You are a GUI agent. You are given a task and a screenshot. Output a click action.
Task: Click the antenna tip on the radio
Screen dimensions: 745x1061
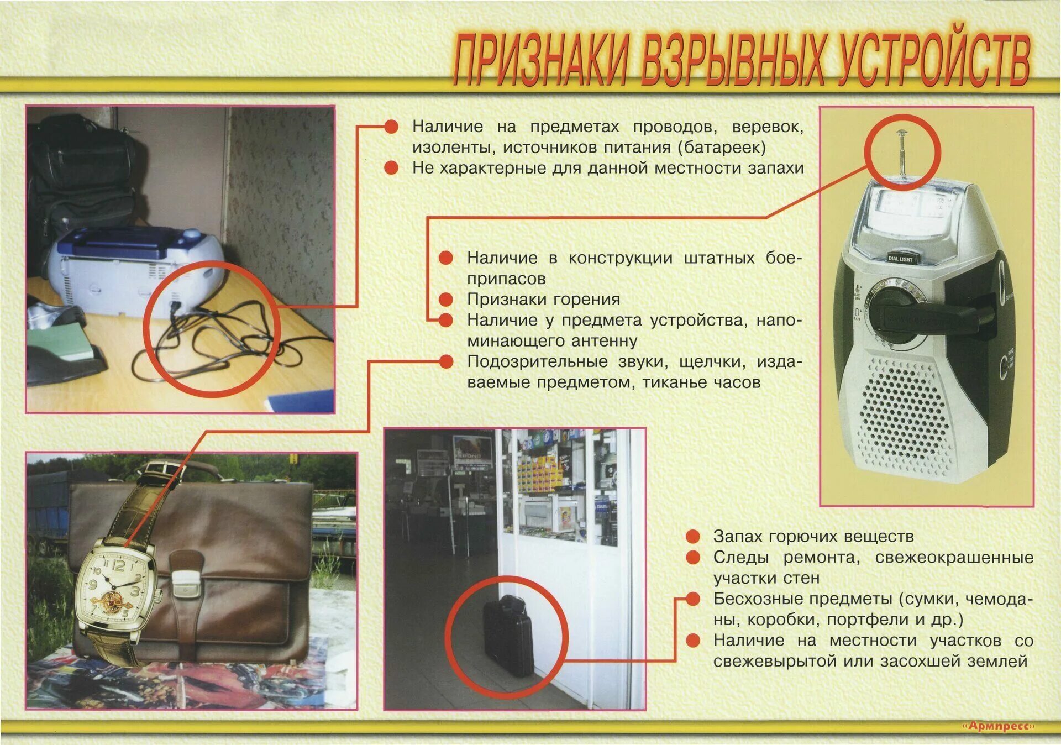(x=901, y=133)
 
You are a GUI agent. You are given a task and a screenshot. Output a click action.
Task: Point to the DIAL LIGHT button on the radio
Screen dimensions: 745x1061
(x=900, y=259)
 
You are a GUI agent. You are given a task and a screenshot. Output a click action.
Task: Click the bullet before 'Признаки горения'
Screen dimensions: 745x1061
(x=446, y=300)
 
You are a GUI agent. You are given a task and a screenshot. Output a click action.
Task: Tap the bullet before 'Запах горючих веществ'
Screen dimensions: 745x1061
(x=693, y=537)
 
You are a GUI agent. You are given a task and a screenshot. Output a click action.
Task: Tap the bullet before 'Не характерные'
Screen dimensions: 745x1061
(x=391, y=168)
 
